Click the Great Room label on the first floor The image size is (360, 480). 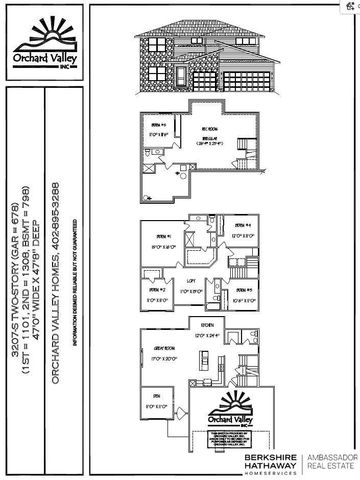(x=166, y=349)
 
